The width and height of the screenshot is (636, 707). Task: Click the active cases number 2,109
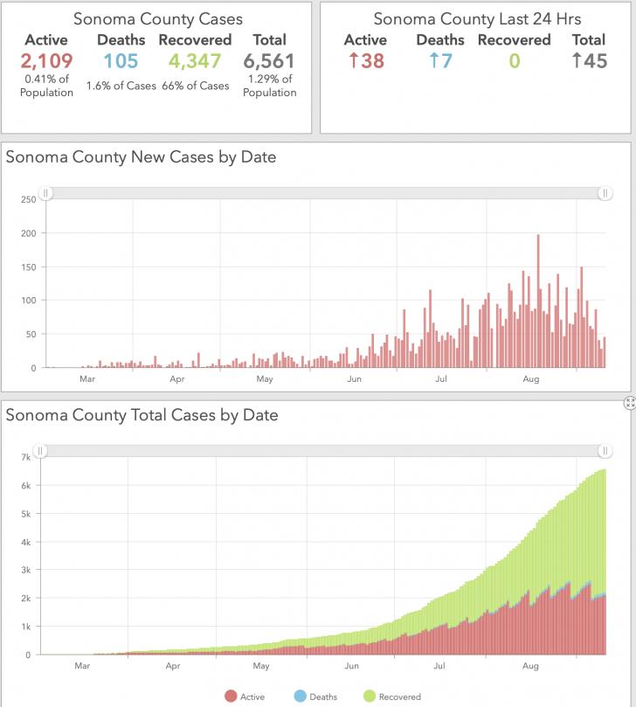(46, 61)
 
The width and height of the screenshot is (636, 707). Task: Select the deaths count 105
(121, 61)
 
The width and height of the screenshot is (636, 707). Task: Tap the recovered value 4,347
(195, 61)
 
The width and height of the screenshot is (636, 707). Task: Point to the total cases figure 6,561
(269, 61)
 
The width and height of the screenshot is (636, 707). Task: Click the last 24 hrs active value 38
(366, 61)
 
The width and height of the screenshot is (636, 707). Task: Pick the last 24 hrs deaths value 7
(440, 61)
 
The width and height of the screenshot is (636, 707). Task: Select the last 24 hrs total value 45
(589, 61)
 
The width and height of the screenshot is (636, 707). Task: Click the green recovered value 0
(515, 61)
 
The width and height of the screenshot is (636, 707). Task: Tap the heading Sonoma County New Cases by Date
(141, 157)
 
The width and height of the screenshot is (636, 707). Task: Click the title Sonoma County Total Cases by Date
(142, 415)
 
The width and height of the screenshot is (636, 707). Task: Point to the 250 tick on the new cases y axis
(29, 200)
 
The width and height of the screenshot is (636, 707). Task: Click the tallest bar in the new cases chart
(538, 302)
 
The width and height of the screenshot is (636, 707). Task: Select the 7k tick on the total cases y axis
(26, 457)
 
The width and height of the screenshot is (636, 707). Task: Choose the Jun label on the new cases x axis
(355, 379)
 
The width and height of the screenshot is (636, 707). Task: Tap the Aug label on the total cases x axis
(530, 666)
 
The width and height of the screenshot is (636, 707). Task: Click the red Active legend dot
(231, 697)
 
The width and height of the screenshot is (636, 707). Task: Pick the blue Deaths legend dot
(300, 697)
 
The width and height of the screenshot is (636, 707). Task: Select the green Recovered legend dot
(370, 697)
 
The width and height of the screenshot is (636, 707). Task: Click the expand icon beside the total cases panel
(630, 403)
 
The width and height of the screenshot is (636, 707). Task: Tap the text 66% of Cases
(195, 86)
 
